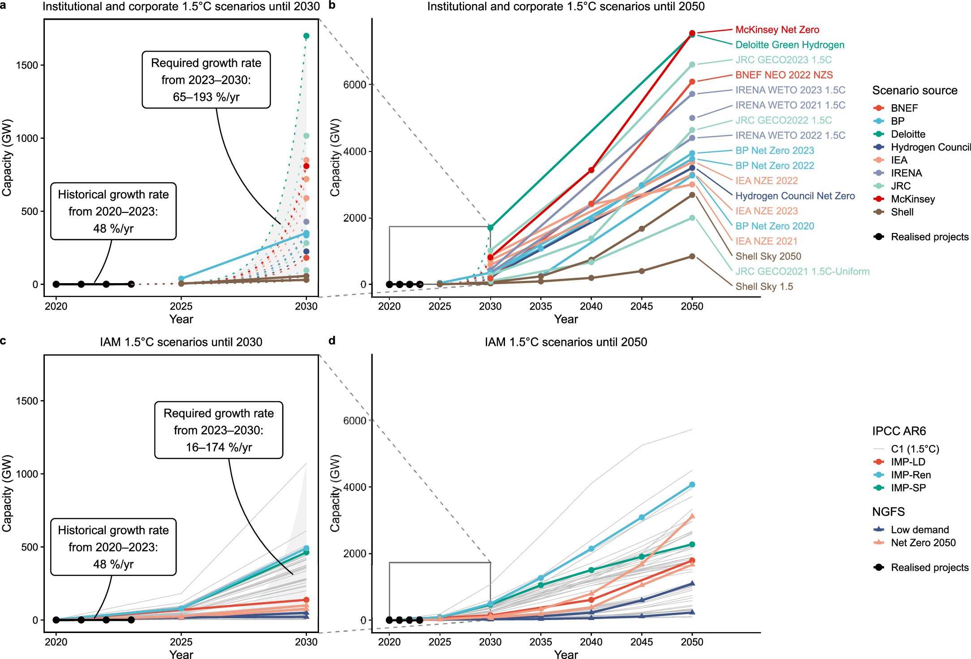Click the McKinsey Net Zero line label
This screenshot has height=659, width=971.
coord(777,30)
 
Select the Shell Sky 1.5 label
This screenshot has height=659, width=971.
coord(764,287)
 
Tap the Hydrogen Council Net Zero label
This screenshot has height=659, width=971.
coord(795,196)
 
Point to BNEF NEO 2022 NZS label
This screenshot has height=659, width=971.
coord(784,75)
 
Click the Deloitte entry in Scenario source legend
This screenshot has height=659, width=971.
coord(907,134)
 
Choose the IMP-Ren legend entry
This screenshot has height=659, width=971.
coord(910,475)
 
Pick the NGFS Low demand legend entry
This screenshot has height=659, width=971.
coord(919,530)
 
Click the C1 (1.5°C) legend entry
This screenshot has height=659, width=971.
coord(914,449)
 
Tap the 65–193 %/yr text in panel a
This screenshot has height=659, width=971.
coord(206,97)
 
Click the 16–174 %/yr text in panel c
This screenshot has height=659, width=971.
coord(219,448)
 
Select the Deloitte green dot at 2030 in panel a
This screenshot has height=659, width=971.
coord(306,36)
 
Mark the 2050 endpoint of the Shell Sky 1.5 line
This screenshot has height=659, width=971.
coord(692,256)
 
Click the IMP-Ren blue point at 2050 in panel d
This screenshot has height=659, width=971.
coord(692,485)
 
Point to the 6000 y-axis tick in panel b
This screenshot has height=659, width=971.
coord(354,85)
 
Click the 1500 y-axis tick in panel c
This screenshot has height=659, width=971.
coord(27,401)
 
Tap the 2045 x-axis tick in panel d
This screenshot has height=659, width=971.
coord(641,642)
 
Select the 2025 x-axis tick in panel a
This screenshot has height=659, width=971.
coord(181,306)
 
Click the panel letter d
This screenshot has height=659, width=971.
coord(332,341)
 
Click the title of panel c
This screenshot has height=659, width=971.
coord(181,342)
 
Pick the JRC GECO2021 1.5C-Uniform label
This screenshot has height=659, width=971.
coord(802,271)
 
